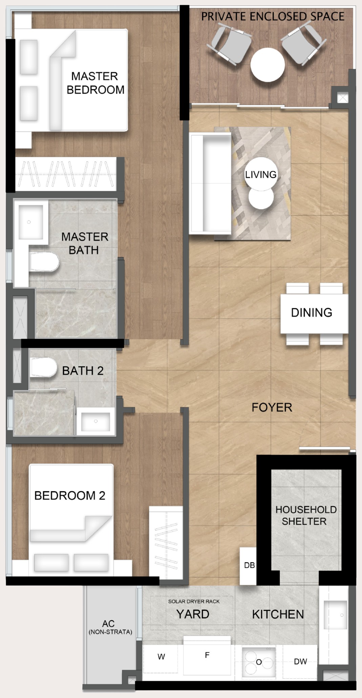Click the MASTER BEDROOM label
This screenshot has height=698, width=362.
pos(95,83)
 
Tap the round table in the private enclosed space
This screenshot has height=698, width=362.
pos(268,65)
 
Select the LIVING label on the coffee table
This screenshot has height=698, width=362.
pos(261,175)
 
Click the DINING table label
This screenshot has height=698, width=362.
pos(312,312)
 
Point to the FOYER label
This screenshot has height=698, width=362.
pos(272,407)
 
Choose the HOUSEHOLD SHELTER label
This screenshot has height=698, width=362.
pos(306,515)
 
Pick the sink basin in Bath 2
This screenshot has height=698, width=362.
pos(95,422)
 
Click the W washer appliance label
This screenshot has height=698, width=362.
pos(161,657)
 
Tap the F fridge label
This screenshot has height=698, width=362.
pos(207,655)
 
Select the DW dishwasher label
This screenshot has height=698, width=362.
pos(300,661)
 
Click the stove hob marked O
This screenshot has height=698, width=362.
pos(259,662)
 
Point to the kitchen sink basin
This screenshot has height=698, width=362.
pos(335,615)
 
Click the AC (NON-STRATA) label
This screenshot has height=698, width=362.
pos(110,627)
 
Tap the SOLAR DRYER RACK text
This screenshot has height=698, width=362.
pos(194,601)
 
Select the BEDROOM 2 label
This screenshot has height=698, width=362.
pos(70,495)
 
